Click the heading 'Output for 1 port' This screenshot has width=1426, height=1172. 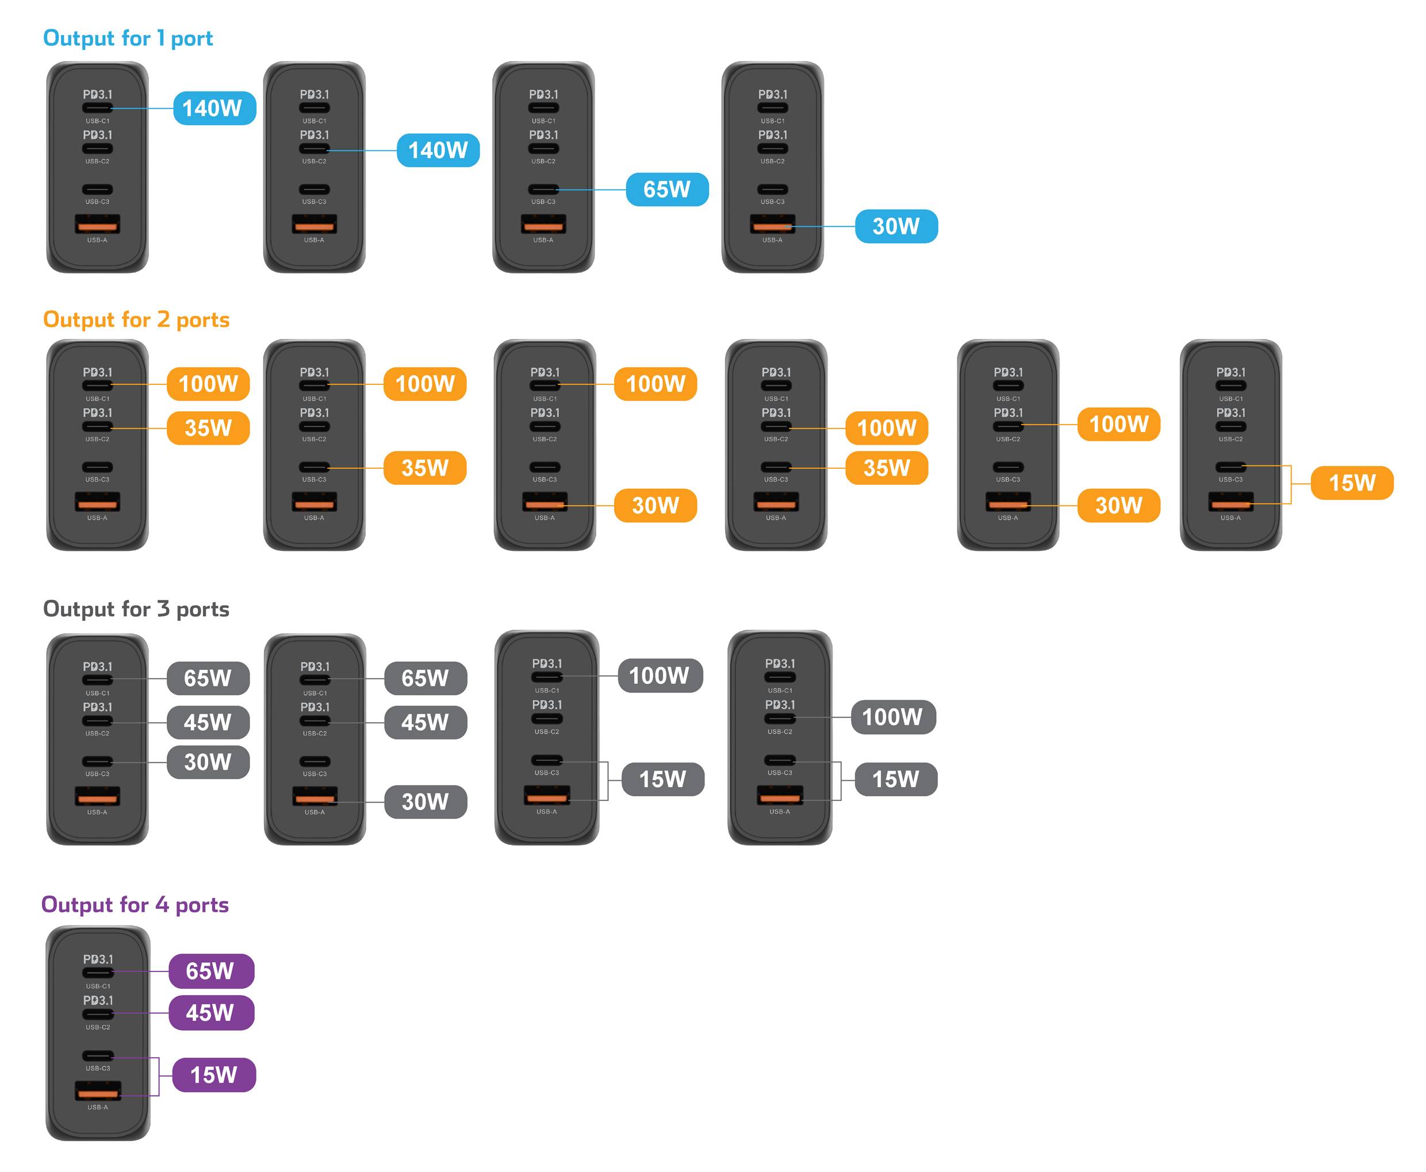point(128,38)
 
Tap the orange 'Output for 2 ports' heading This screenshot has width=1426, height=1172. point(136,319)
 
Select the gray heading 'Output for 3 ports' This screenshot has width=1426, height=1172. point(136,609)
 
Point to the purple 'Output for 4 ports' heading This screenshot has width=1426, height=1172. point(135,905)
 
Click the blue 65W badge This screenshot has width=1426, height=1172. point(667,190)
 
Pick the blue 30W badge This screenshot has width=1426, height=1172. point(896,226)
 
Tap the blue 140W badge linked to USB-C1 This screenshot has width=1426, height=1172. point(214,108)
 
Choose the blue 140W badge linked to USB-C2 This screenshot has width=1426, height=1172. point(438,150)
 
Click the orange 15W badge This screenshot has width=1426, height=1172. point(1351,483)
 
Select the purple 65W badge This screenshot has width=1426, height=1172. point(211,971)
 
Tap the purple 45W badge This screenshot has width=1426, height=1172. point(211,1013)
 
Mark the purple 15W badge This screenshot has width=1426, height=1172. point(213,1075)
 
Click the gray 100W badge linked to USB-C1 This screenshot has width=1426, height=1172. point(660,676)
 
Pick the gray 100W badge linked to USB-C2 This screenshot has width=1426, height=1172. point(892,717)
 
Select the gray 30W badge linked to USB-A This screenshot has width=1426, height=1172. point(425,802)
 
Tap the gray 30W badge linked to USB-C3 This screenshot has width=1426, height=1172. point(208,762)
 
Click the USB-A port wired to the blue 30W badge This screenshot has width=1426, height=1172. point(772,223)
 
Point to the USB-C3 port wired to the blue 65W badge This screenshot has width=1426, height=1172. point(543,190)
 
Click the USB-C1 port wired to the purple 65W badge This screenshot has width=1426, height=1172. point(98,973)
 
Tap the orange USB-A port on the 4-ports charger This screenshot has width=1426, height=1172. point(98,1090)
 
